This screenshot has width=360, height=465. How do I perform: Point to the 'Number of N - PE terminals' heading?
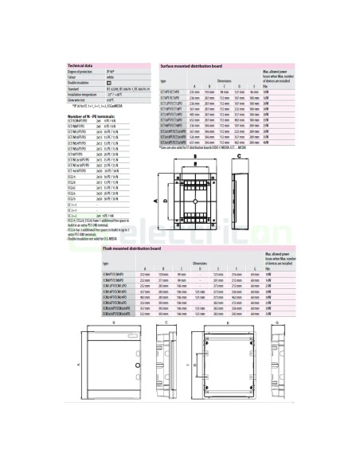(90, 115)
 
